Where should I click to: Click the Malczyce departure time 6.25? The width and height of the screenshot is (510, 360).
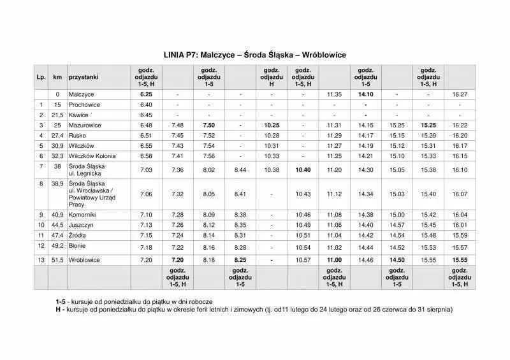[x=146, y=94]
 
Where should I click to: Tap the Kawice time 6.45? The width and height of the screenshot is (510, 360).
[x=146, y=115]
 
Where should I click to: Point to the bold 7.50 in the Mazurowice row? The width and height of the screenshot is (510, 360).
[x=209, y=125]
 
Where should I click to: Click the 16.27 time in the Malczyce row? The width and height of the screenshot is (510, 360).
[x=460, y=94]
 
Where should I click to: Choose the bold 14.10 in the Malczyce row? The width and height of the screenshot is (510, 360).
[x=365, y=94]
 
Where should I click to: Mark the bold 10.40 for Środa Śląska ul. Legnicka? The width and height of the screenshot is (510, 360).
[x=303, y=169]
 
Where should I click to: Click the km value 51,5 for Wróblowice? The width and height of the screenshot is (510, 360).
[x=57, y=261]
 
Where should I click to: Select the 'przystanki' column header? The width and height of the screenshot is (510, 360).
[x=84, y=76]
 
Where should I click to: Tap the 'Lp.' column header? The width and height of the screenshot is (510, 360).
[x=41, y=76]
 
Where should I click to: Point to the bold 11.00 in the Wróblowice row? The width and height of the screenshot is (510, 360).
[x=334, y=261]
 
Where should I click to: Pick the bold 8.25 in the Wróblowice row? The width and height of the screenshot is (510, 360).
[x=240, y=261]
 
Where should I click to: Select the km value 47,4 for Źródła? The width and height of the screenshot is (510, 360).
[x=57, y=235]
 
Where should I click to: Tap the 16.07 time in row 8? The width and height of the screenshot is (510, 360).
[x=460, y=194]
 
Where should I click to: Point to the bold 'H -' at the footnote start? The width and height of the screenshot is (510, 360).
[x=61, y=309]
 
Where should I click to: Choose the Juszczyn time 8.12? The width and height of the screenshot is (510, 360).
[x=209, y=225]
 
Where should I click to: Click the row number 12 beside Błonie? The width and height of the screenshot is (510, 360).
[x=41, y=245]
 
